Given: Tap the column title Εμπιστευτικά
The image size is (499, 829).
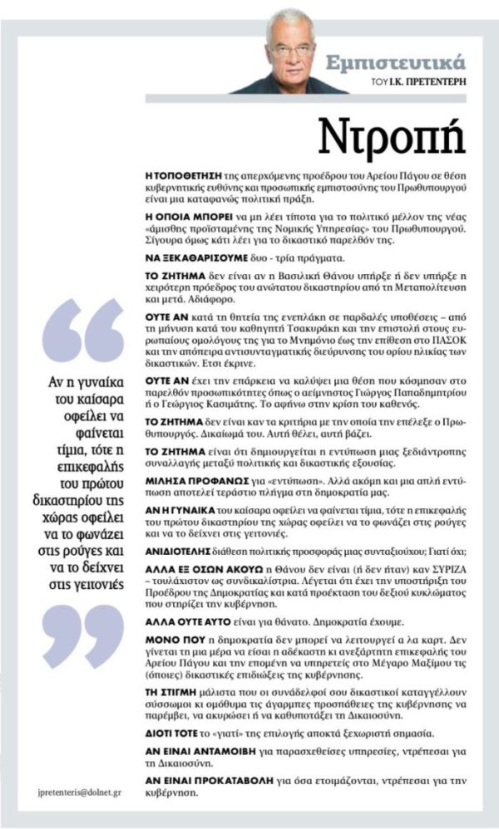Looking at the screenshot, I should (417, 62).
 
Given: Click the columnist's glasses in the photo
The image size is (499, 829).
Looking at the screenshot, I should (290, 50).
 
